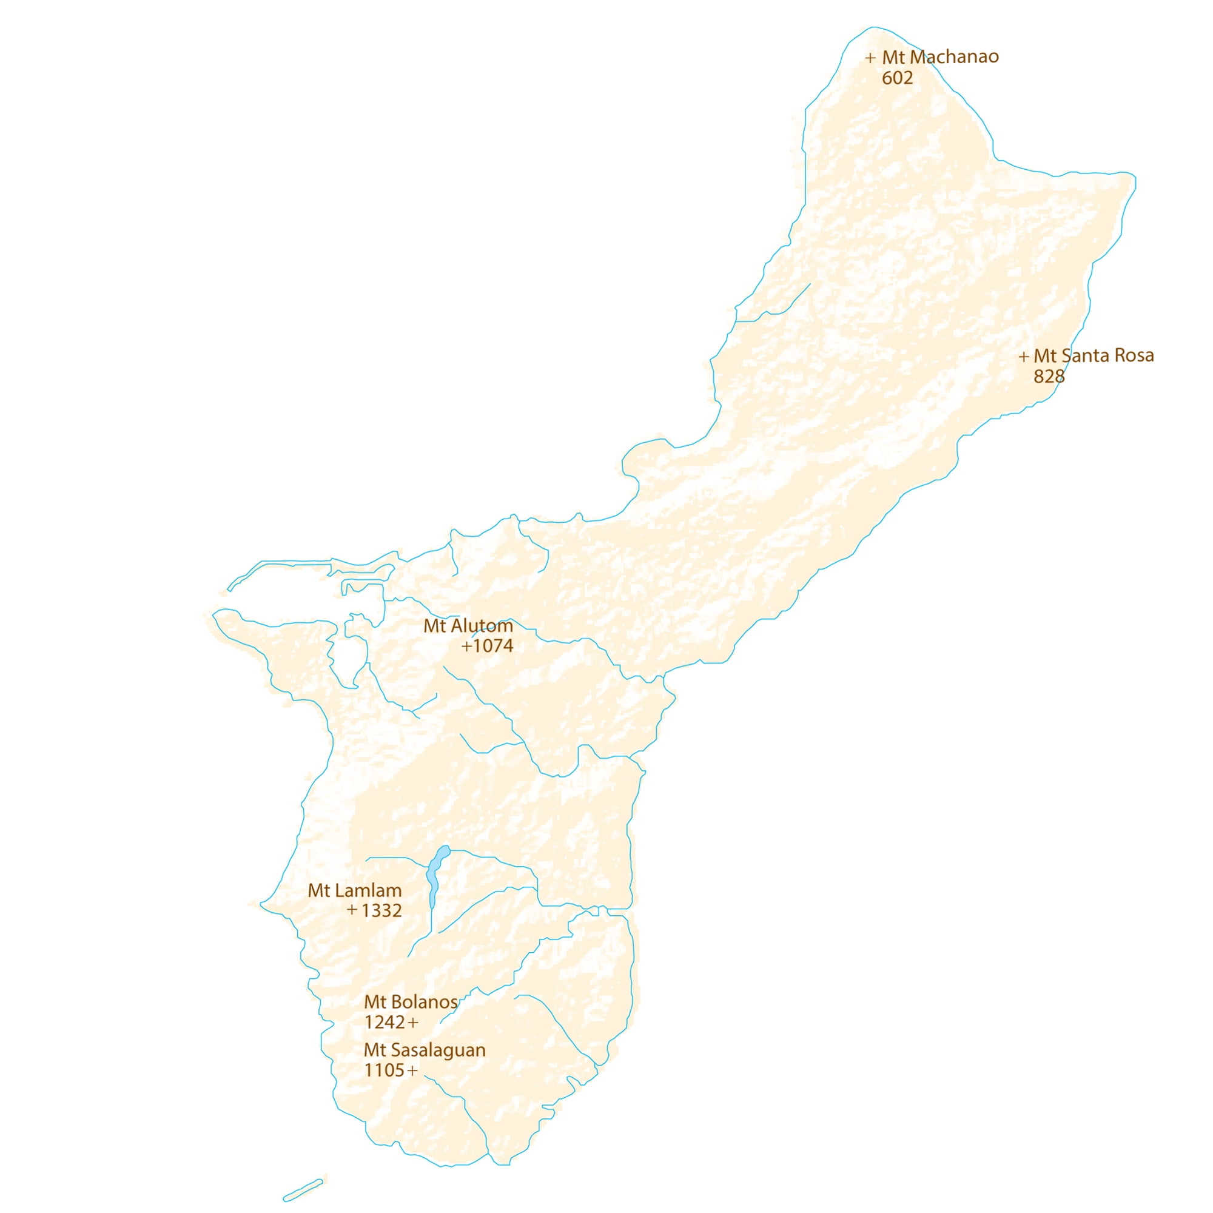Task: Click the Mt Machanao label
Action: point(940,57)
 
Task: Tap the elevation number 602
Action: point(896,78)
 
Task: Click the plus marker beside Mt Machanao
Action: point(870,58)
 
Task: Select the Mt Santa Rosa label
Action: point(1093,356)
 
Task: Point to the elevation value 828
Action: point(1049,377)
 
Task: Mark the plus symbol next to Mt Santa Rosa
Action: point(1023,357)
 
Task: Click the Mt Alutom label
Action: point(468,626)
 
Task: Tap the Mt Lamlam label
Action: point(354,890)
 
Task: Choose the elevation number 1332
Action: point(381,911)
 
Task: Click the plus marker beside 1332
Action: point(352,909)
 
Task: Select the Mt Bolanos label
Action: point(410,1002)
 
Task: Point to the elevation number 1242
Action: point(385,1023)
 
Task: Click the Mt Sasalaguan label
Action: point(425,1050)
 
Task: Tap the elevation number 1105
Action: point(385,1070)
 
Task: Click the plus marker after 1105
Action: point(412,1071)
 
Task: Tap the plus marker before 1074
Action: point(466,646)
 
